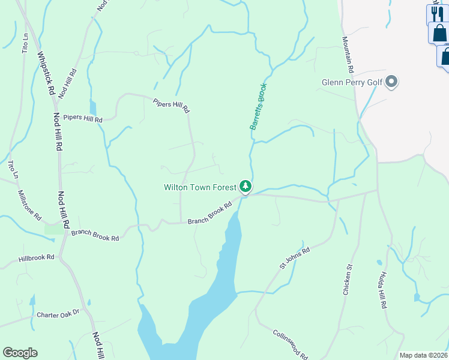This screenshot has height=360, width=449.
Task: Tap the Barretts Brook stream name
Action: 258,107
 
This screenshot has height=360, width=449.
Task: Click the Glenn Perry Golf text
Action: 352,82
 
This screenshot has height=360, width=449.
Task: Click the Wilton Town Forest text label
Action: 200,187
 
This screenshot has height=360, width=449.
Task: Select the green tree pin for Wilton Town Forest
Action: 245,187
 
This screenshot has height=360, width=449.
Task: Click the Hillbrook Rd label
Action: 37,257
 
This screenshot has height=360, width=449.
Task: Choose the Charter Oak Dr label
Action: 58,314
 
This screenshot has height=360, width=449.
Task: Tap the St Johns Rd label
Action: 294,258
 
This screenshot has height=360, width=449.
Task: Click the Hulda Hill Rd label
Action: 382,291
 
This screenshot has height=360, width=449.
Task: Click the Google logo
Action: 20,353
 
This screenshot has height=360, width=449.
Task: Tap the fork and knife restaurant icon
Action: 437,13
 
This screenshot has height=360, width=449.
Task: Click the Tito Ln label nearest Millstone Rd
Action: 12,170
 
